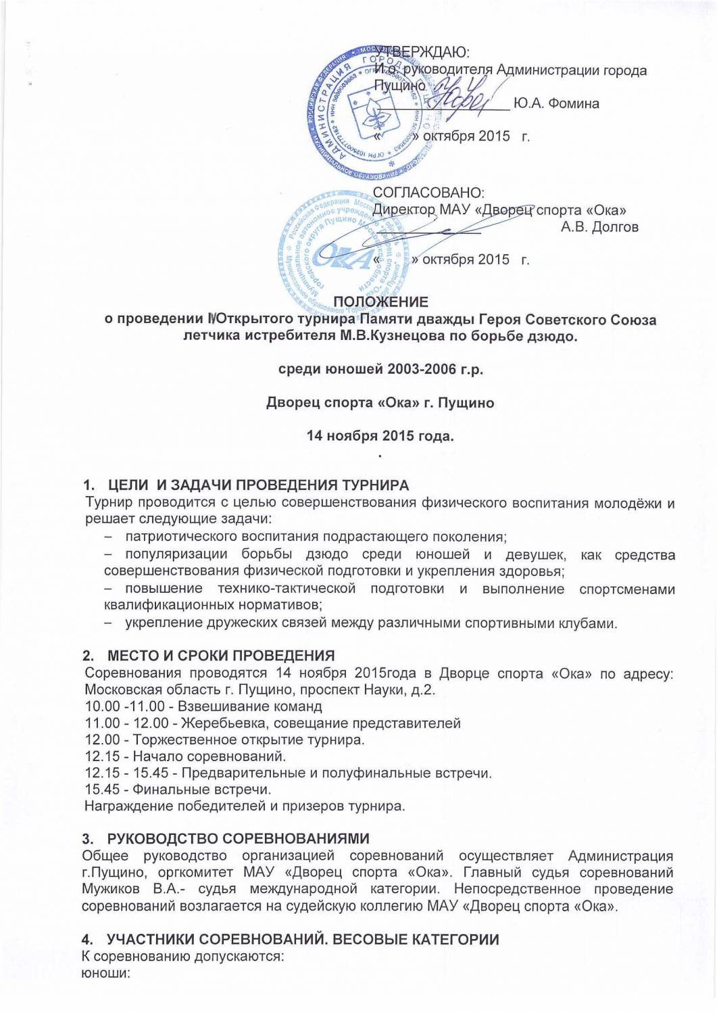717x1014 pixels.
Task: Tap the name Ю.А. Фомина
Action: [555, 103]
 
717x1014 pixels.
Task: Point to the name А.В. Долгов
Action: [599, 227]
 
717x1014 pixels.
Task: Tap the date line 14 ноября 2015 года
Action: [380, 435]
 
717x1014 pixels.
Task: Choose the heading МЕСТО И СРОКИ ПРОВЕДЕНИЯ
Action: [221, 656]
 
